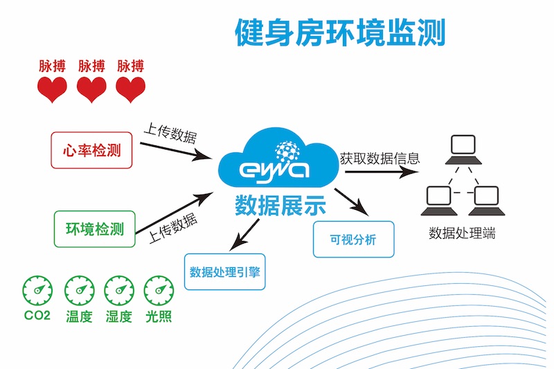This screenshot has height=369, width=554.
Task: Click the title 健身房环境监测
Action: tap(340, 32)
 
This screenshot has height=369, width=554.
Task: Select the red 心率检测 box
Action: tap(87, 149)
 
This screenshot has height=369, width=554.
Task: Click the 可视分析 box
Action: tap(353, 240)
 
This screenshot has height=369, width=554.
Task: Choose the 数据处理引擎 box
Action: tap(224, 271)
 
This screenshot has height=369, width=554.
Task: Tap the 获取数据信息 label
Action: tap(379, 158)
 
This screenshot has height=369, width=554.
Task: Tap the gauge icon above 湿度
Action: tap(118, 291)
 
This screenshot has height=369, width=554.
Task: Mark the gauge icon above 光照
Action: tap(158, 291)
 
